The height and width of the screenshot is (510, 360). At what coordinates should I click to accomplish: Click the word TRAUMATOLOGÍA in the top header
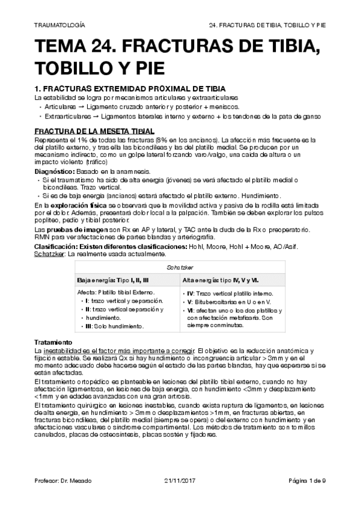[x=59, y=26]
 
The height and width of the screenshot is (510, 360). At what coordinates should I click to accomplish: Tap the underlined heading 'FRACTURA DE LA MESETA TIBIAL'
[x=94, y=131]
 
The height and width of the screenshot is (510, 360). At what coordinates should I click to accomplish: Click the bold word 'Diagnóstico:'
[x=55, y=171]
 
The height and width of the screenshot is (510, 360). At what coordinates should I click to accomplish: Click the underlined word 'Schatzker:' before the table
[x=50, y=254]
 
